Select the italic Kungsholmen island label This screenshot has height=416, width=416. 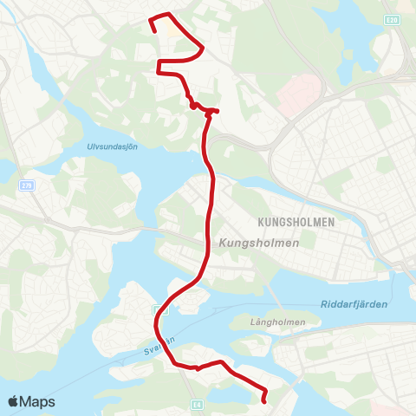pyautogui.click(x=259, y=244)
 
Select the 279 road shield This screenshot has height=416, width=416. pyautogui.click(x=29, y=185)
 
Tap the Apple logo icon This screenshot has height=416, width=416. pyautogui.click(x=15, y=401)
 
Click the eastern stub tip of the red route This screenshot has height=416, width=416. pyautogui.click(x=218, y=111)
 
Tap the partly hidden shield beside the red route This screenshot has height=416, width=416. pyautogui.click(x=155, y=309)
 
